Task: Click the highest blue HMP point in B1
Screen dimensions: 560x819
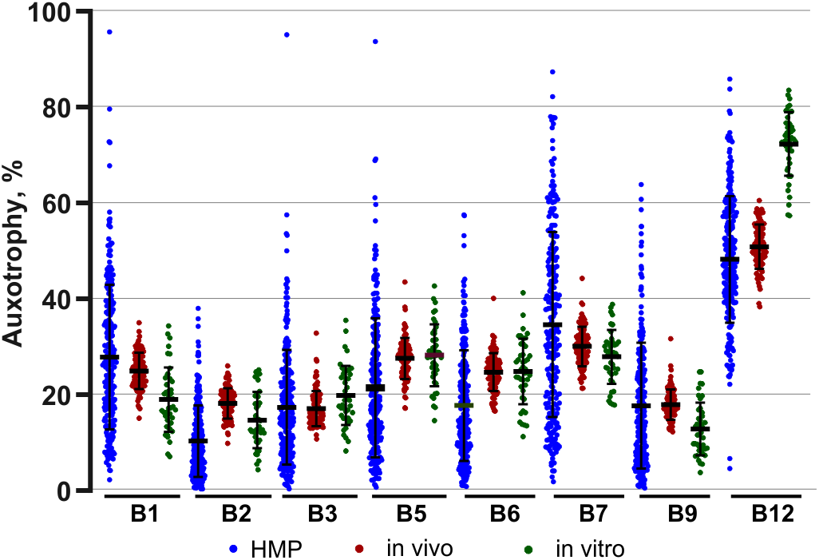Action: pos(109,32)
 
